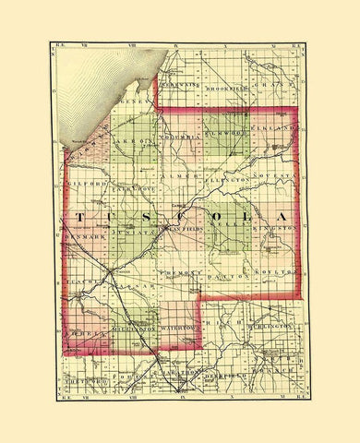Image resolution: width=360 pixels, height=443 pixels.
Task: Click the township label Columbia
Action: (178, 138)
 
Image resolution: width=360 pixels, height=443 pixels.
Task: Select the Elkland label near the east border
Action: (276, 127)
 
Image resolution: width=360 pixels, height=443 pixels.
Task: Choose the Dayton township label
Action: (227, 276)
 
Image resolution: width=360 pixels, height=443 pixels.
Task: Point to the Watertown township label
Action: (180, 328)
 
